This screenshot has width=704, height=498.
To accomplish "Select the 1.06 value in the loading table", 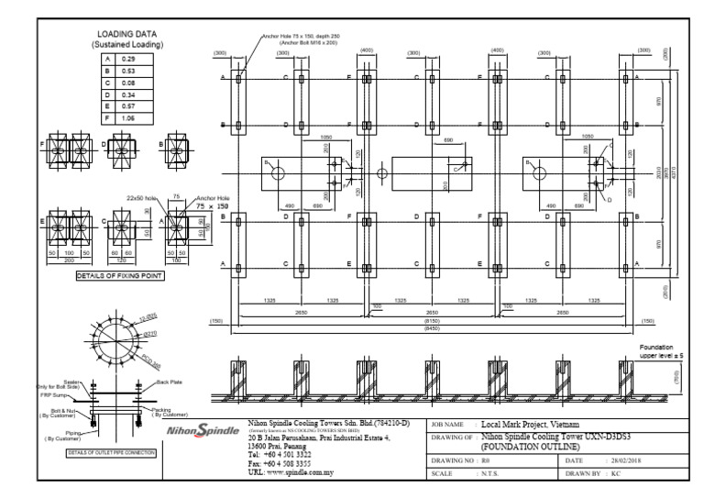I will click(130, 118).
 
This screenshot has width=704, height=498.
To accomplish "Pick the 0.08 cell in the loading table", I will click(129, 82).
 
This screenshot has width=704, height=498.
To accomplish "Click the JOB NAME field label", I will click(448, 426).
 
